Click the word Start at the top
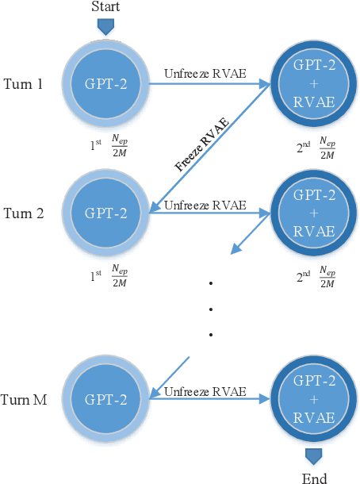coord(105,8)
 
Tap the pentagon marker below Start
coord(105,26)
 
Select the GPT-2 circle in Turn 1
coord(105,83)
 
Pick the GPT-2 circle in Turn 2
coord(105,213)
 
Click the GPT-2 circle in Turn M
coord(105,399)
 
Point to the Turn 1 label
coord(24,84)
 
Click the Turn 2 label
coord(24,214)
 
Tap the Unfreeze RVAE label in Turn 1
coord(205,75)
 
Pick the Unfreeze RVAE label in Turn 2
coord(205,206)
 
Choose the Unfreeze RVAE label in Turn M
coord(205,391)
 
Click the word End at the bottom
coord(314,478)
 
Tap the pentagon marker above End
coord(314,456)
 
